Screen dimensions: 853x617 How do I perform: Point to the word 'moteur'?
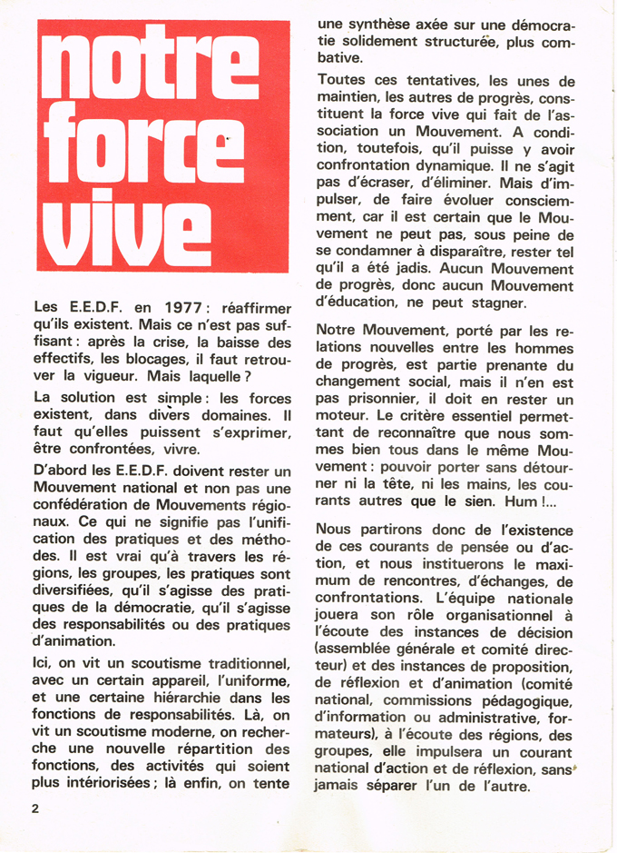tap(343, 416)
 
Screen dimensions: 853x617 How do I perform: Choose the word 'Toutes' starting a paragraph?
tap(340, 80)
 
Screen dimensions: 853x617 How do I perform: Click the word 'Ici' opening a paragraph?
tap(42, 664)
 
